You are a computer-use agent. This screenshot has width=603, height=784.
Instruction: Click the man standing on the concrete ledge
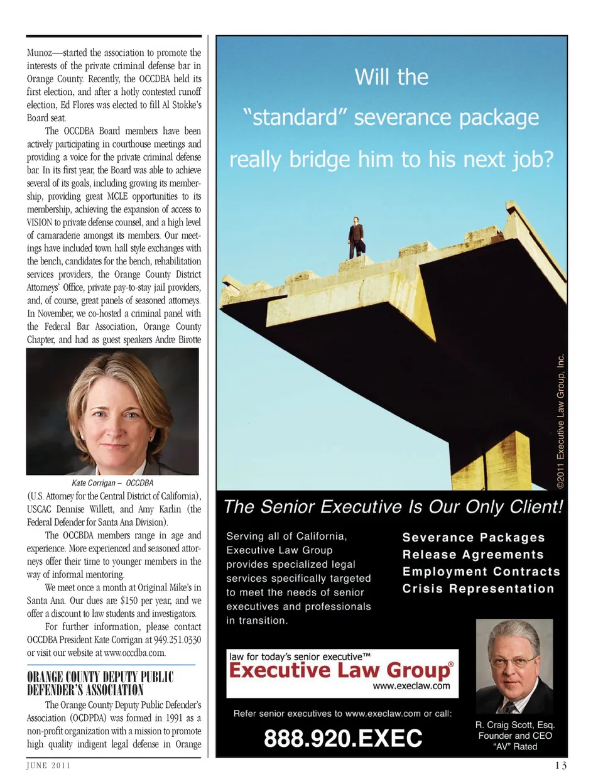coord(356,238)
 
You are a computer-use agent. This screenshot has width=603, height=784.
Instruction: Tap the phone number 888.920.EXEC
coord(343,738)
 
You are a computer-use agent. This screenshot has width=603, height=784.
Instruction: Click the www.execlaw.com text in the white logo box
coord(411,686)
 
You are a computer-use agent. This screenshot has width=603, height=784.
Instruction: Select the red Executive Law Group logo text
coord(340,670)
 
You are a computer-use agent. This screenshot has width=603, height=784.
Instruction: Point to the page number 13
coord(560,765)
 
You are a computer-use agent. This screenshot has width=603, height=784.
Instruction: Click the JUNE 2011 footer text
coord(48,765)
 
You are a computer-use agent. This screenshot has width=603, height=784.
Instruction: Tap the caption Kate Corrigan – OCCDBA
coord(112,483)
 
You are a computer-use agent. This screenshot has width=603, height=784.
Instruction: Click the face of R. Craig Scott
coord(514,659)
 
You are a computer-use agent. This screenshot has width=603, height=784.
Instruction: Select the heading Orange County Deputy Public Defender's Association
coord(100,683)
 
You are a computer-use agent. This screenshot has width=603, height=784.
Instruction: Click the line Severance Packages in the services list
coord(474,538)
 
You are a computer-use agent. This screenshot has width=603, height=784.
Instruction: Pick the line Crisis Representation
coord(478,589)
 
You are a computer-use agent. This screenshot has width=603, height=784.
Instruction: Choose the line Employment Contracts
coord(481,572)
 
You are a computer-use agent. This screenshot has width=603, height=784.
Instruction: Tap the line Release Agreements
coord(473,555)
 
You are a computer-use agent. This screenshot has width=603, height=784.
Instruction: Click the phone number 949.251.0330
coord(177,640)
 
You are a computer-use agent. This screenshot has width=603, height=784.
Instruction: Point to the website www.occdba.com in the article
coord(134,653)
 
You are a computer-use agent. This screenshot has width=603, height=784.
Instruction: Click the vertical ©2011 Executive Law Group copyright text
coord(560,422)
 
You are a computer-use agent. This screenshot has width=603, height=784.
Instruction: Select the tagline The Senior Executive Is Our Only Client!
coord(393,507)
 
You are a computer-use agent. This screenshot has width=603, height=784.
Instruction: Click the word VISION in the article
coord(40,222)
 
